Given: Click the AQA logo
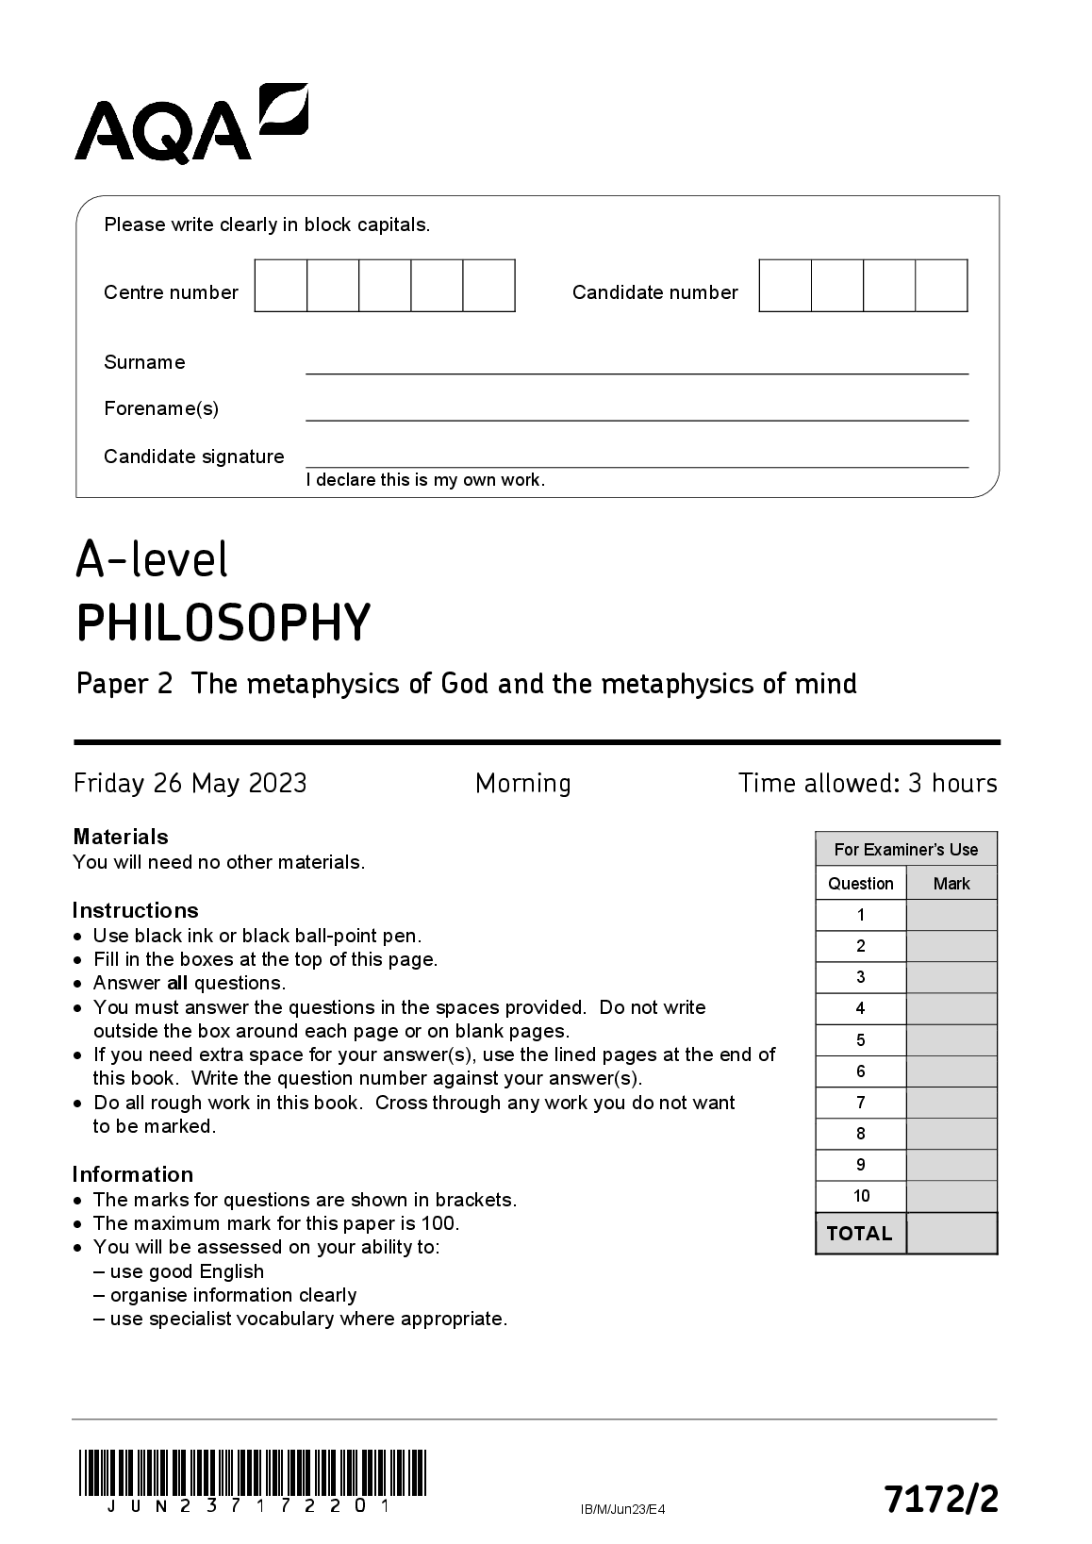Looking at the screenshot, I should coord(190,123).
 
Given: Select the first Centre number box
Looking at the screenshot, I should coord(281,286).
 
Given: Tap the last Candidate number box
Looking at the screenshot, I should coord(941,286).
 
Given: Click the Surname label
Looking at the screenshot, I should coord(144,362).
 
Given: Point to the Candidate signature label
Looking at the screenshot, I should coord(193,457).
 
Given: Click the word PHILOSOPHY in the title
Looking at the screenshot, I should coord(223,623).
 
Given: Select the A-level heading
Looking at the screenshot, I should coord(152,559).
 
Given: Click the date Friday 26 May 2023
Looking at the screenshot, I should coord(190,784).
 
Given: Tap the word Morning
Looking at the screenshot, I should coord(523,784).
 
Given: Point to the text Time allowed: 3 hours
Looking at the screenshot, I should coord(868,784).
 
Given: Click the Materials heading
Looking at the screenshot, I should coord(121,837).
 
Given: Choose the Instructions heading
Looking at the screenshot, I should coord(136,910).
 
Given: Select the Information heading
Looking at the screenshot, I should coord(133,1174).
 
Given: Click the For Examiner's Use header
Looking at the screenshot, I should coord(906,849).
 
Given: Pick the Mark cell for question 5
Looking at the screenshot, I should coord(951,1040).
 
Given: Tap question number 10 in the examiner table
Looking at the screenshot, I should coord(861,1196).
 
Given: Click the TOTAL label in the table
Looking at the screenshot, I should coord(859,1234).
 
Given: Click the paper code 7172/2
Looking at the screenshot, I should coord(940,1499).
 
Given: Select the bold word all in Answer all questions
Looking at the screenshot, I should coord(177,984).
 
